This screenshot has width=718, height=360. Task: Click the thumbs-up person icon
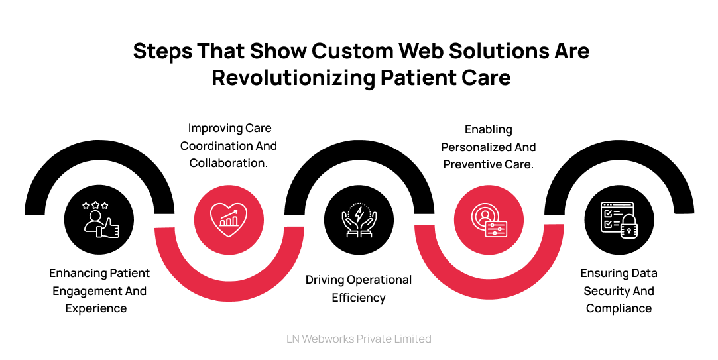point(99,219)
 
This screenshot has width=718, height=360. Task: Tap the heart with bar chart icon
point(229,219)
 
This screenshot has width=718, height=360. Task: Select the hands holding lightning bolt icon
point(359,219)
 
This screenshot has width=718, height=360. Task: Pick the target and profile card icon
point(489,219)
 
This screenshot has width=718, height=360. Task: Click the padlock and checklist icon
point(619,219)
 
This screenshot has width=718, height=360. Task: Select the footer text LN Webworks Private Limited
point(359,339)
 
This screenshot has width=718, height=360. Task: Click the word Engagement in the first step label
point(84,291)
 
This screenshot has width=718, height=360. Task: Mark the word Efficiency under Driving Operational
point(359,298)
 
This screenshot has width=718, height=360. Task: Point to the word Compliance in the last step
point(619,308)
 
